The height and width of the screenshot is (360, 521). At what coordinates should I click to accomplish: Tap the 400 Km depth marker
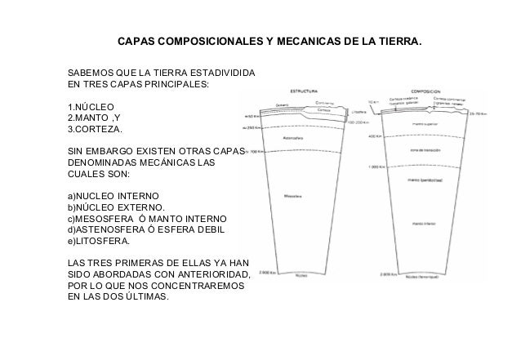point(376,136)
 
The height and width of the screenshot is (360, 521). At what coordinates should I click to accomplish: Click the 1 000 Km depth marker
point(376,167)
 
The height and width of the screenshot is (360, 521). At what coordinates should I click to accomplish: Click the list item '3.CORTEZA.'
point(96,130)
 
